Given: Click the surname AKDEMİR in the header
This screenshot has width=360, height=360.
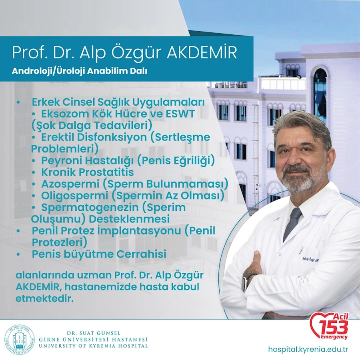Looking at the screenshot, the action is (202, 52).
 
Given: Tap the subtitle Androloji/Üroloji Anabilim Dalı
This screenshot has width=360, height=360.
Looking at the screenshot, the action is (80, 71).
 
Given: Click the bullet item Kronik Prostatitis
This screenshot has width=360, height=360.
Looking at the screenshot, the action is (88, 172).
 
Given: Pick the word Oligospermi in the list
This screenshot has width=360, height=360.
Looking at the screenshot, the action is (75, 196).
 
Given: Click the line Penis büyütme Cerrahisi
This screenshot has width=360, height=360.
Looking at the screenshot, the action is (99, 254).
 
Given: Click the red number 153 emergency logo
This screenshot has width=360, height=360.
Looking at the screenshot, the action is (329, 326).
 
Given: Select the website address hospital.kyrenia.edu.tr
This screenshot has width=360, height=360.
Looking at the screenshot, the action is (308, 350).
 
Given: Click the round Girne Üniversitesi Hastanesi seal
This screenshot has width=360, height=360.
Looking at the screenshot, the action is (20, 340).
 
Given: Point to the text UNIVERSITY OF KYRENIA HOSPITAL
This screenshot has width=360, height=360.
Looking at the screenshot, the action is (93, 346).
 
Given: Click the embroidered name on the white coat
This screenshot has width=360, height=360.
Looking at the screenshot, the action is (311, 260).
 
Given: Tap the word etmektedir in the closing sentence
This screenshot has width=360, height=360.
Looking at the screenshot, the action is (44, 299).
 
